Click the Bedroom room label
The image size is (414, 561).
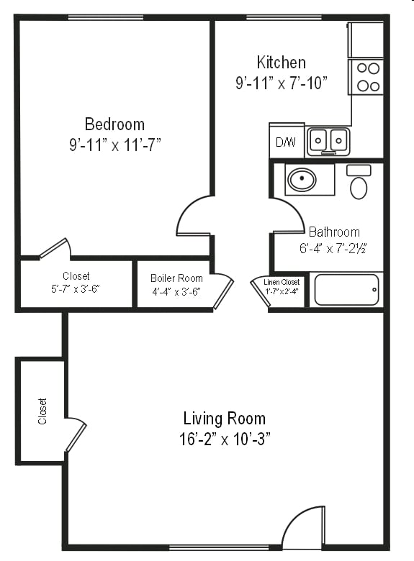coord(114,124)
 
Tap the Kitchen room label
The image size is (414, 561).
coord(282,63)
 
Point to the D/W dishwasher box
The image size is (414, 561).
coord(286,142)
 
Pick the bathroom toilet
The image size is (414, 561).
coord(359,183)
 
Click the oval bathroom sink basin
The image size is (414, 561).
coord(302,180)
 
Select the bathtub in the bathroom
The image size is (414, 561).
coord(346,289)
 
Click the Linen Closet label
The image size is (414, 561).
coord(282,282)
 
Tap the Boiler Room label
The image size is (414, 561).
coord(176,278)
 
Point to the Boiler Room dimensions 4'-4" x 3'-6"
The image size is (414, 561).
coord(176,291)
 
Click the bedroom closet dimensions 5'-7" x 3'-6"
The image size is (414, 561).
coord(76,289)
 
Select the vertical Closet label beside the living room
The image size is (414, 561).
coord(43,411)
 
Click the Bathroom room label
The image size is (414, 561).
coord(334,232)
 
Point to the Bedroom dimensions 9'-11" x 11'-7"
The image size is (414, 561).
coord(114,145)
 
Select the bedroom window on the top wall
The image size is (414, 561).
coord(115,17)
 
